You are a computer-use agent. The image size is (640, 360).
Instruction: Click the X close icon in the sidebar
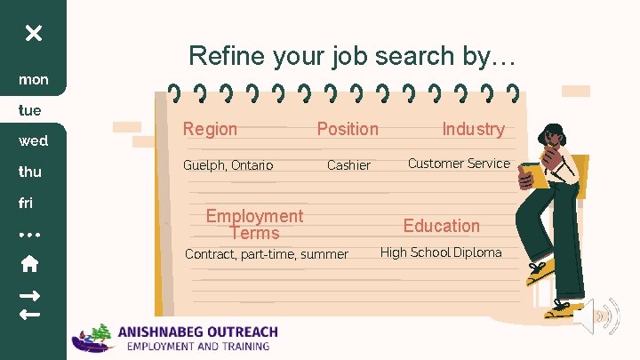[x=33, y=34]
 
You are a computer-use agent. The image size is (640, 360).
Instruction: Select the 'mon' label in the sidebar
[x=34, y=80]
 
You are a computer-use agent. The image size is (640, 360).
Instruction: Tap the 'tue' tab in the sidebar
[x=31, y=110]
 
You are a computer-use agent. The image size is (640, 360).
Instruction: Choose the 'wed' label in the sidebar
[x=34, y=141]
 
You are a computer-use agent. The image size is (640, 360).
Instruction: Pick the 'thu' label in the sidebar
[x=32, y=172]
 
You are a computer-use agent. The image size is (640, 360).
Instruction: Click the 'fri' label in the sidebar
[x=26, y=203]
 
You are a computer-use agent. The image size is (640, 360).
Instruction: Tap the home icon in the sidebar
[x=29, y=263]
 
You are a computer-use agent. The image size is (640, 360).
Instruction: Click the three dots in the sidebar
[x=29, y=235]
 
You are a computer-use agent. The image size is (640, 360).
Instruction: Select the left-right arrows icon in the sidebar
[x=29, y=304]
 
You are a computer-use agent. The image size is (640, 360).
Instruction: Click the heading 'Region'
[x=210, y=129]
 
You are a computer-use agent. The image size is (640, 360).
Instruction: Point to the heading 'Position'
[x=348, y=129]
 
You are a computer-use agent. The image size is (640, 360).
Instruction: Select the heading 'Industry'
[x=473, y=129]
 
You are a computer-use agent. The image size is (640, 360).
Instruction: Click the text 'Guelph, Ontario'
[x=228, y=165]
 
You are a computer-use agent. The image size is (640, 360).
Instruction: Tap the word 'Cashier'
[x=348, y=165]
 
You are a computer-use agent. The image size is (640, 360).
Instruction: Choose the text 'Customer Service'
[x=459, y=163]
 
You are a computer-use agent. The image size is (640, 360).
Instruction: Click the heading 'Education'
[x=441, y=226]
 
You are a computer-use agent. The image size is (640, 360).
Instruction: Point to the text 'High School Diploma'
[x=441, y=252]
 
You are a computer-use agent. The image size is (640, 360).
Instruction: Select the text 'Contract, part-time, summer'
[x=266, y=254]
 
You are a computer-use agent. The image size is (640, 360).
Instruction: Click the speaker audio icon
[x=596, y=316]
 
